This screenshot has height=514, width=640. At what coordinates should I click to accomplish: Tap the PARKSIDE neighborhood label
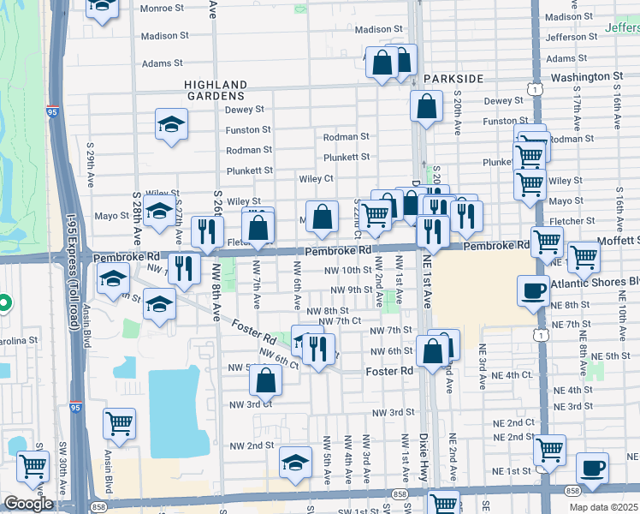coord(453,79)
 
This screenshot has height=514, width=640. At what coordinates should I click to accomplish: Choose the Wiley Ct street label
coord(316,178)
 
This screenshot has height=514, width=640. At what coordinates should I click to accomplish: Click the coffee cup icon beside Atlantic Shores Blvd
coord(533,290)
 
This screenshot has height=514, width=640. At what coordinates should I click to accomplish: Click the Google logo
coord(28,504)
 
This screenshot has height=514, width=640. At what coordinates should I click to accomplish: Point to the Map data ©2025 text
coord(603,507)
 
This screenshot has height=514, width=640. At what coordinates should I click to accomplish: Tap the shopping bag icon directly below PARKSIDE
coord(425,107)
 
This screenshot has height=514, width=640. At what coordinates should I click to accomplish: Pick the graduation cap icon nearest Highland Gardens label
coord(171,125)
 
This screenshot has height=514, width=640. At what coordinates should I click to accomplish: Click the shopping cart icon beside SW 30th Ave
coord(32,466)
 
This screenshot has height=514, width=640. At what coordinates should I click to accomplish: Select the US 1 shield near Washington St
coord(535,89)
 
